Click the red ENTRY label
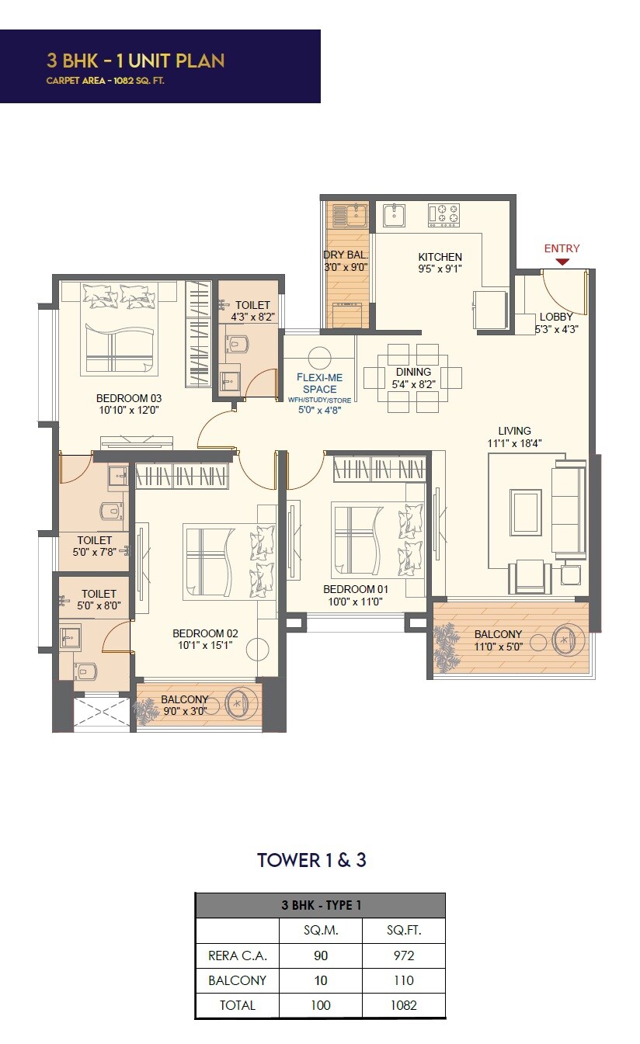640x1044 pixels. pyautogui.click(x=562, y=248)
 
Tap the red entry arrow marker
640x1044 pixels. pyautogui.click(x=562, y=262)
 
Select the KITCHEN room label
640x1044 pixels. pyautogui.click(x=440, y=257)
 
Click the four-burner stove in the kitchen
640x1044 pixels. pyautogui.click(x=443, y=214)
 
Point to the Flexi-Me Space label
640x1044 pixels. pyautogui.click(x=319, y=383)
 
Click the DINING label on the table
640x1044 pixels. pyautogui.click(x=413, y=372)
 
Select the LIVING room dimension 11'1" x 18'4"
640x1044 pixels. pyautogui.click(x=515, y=443)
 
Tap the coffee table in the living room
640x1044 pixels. pyautogui.click(x=526, y=512)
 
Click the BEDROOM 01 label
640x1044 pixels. pyautogui.click(x=355, y=589)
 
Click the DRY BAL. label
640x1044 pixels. pyautogui.click(x=345, y=255)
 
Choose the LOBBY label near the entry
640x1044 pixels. pyautogui.click(x=556, y=317)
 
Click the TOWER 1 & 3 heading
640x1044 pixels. pyautogui.click(x=311, y=860)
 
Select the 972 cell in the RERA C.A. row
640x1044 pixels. pyautogui.click(x=403, y=956)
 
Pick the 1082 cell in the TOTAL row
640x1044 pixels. pyautogui.click(x=403, y=1005)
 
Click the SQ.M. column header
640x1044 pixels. pyautogui.click(x=320, y=931)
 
